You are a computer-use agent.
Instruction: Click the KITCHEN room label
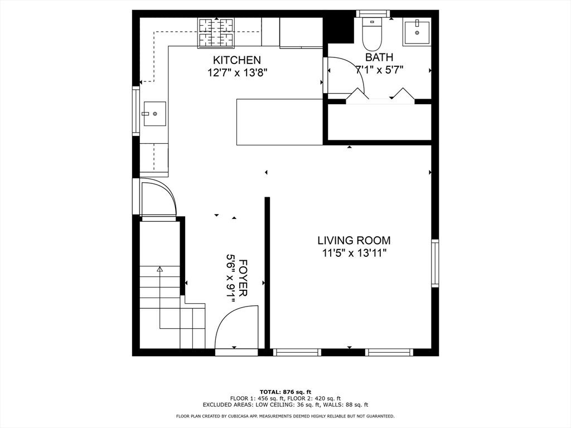[236, 60]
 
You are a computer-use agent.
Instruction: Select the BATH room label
[379, 57]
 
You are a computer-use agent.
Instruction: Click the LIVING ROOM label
[354, 240]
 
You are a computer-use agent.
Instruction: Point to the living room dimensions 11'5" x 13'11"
[354, 253]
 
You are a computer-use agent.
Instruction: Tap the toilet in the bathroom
[372, 34]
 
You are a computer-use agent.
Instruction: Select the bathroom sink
[417, 32]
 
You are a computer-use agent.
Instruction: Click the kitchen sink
[155, 114]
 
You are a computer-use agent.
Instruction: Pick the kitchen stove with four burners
[216, 33]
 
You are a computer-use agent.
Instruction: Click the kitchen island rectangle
[280, 122]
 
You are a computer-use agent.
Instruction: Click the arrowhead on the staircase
[159, 269]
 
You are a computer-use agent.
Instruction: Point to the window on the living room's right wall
[435, 263]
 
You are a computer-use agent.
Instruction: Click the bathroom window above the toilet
[373, 14]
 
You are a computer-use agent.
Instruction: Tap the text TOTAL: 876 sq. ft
[285, 392]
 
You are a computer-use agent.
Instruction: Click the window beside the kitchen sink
[136, 111]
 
